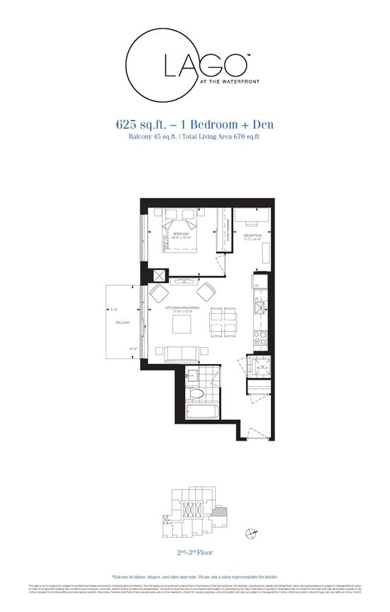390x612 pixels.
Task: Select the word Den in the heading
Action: (x=260, y=125)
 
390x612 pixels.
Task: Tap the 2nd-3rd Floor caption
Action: (x=195, y=552)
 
